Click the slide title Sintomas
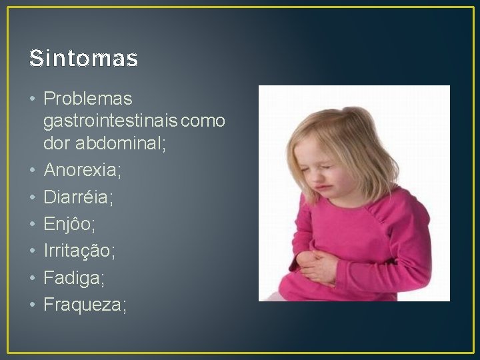83,59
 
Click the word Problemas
87,99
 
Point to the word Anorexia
82,171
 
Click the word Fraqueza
85,305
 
